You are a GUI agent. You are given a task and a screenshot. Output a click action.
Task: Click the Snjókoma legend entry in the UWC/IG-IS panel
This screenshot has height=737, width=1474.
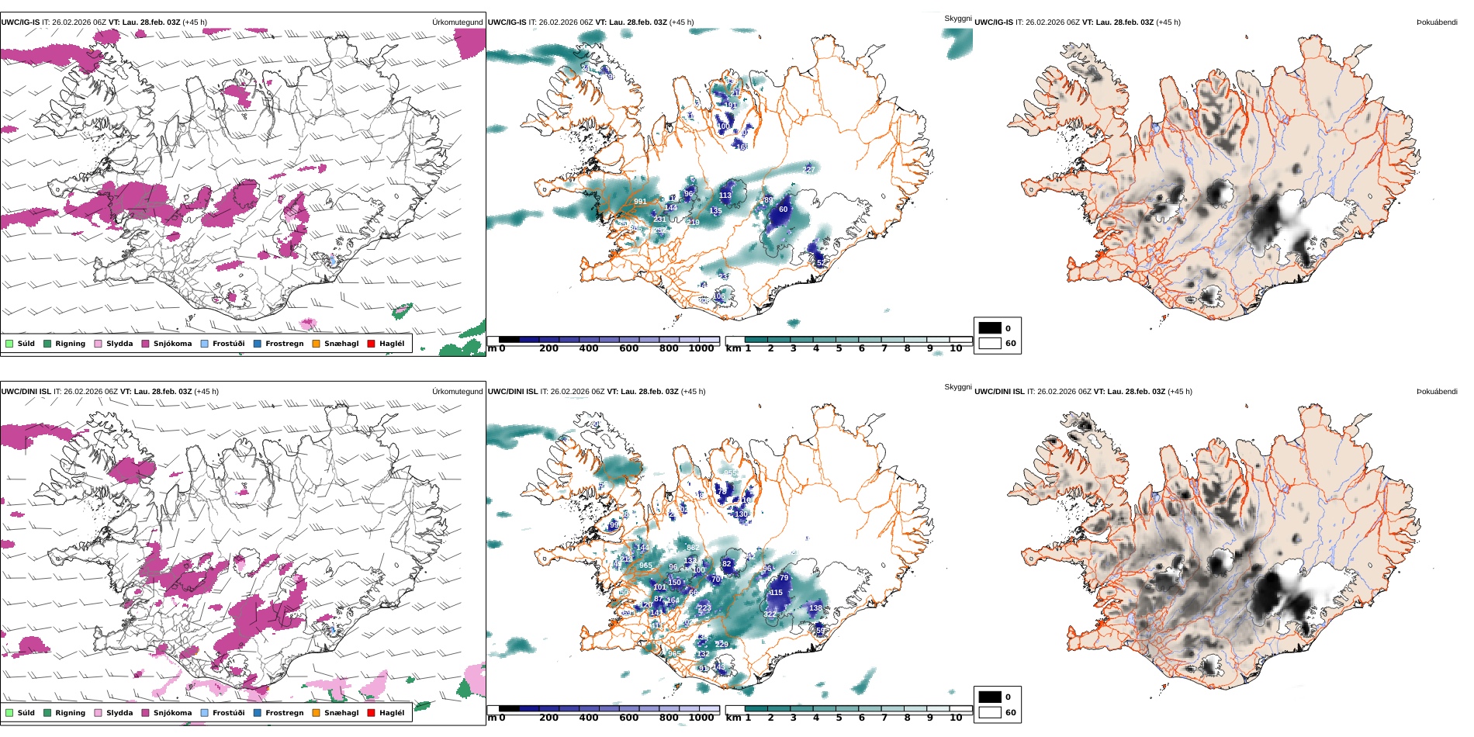pyautogui.click(x=172, y=344)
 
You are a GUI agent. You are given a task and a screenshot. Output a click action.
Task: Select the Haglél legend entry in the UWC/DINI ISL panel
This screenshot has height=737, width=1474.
pyautogui.click(x=391, y=713)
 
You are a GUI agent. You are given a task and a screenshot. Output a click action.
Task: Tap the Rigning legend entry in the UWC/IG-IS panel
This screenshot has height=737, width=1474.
pyautogui.click(x=70, y=344)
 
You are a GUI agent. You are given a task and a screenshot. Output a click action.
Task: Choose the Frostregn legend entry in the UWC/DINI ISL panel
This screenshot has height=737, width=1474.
pyautogui.click(x=284, y=713)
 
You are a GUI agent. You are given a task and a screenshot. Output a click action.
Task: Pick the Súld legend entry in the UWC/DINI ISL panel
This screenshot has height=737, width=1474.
pyautogui.click(x=26, y=713)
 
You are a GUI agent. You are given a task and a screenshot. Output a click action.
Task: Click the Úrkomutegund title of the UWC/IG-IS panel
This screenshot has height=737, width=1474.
pyautogui.click(x=457, y=22)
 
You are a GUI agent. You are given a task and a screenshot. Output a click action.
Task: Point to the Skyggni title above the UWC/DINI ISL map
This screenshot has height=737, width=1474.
pyautogui.click(x=957, y=387)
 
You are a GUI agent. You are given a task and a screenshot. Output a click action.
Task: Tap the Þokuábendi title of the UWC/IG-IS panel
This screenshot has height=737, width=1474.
pyautogui.click(x=1437, y=22)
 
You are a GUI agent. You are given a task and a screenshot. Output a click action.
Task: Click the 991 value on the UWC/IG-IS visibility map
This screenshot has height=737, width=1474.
pyautogui.click(x=640, y=202)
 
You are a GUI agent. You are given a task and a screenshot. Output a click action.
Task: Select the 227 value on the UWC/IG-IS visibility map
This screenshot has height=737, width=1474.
pyautogui.click(x=809, y=169)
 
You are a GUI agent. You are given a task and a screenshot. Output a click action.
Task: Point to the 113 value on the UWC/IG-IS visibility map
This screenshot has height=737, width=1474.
pyautogui.click(x=725, y=195)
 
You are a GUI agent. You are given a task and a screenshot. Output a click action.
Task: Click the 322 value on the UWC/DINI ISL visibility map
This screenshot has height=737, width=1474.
pyautogui.click(x=770, y=614)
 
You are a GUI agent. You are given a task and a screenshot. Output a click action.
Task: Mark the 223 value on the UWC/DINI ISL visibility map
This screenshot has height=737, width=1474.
pyautogui.click(x=704, y=607)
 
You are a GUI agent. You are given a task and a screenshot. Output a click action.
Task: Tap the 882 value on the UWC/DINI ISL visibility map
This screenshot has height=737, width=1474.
pyautogui.click(x=693, y=548)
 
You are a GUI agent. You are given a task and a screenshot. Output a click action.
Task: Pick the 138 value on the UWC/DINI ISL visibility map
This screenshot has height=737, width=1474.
pyautogui.click(x=815, y=608)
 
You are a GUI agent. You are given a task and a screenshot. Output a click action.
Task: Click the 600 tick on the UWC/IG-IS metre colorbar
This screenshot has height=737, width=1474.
pyautogui.click(x=628, y=349)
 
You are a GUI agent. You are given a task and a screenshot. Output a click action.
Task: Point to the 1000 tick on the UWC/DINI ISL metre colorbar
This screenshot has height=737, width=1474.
pyautogui.click(x=701, y=718)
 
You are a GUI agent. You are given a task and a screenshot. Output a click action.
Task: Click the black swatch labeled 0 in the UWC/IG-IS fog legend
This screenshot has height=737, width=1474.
pyautogui.click(x=990, y=328)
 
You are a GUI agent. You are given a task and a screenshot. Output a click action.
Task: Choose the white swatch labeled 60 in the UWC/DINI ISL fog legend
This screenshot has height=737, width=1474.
pyautogui.click(x=990, y=712)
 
